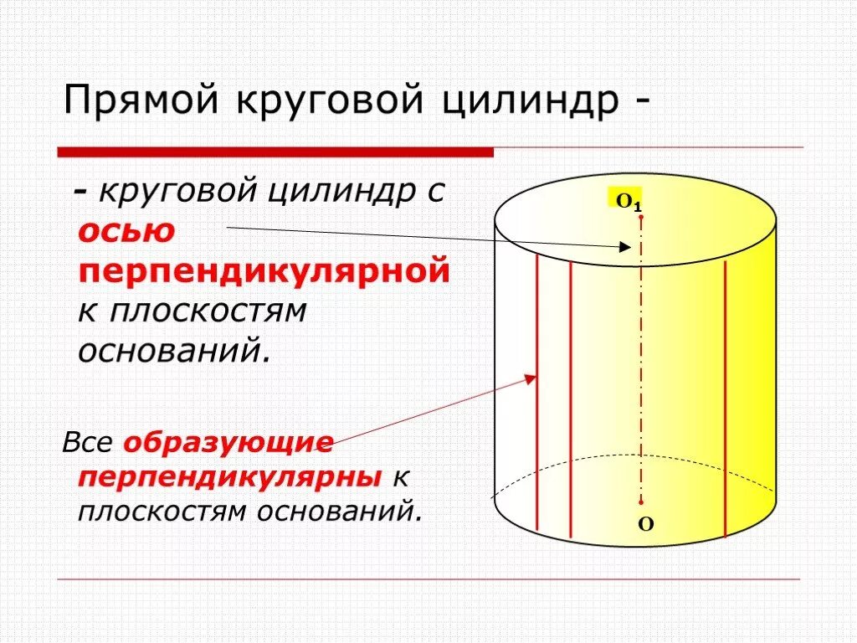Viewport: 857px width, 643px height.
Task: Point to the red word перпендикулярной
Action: tap(264, 272)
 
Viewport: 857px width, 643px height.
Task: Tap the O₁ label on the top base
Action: tap(628, 202)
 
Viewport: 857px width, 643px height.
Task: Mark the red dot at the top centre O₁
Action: tap(641, 217)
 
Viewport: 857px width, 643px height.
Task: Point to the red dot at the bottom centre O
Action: tap(641, 502)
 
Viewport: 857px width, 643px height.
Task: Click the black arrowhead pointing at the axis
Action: tap(624, 246)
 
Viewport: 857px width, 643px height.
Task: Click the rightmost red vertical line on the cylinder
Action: tap(725, 402)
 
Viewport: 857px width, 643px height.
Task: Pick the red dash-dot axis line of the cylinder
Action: tap(641, 360)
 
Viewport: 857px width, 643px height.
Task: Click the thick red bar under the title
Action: tap(275, 152)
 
